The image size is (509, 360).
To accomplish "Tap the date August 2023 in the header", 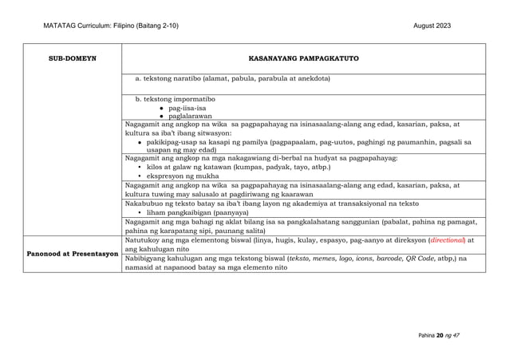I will point(432,26).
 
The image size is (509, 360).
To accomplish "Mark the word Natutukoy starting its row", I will point(144,239).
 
